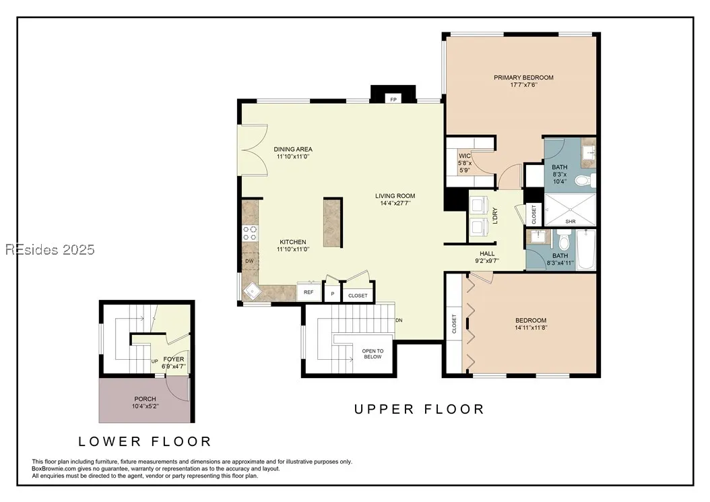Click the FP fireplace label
393,99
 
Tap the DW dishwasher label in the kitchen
249,261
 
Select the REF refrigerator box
309,292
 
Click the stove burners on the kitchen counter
250,233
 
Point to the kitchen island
333,222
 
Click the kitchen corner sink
251,291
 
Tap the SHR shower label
571,222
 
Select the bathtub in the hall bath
585,249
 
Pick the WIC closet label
465,156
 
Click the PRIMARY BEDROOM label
523,77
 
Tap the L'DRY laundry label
495,216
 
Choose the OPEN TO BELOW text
373,354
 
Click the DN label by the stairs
399,320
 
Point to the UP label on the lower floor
154,362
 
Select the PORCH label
146,399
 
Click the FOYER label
174,359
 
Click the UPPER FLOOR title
419,409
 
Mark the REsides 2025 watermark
50,249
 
